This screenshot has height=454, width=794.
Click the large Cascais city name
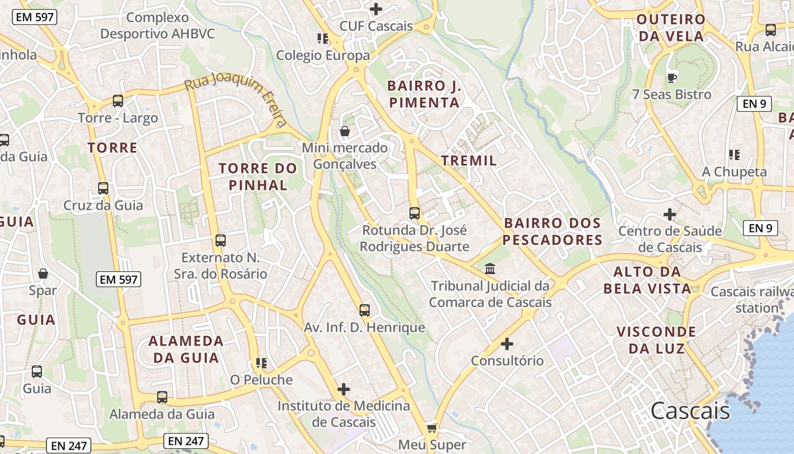click(690, 411)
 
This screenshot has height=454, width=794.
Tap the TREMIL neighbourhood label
click(469, 161)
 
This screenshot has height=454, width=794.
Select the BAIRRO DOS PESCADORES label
click(552, 232)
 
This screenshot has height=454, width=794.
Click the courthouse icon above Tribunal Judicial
click(490, 268)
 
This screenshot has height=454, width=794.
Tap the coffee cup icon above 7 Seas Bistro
click(672, 78)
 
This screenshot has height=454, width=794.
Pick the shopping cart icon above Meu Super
click(432, 428)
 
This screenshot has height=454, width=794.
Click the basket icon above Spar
click(43, 274)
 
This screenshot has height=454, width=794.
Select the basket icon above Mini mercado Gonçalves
click(344, 132)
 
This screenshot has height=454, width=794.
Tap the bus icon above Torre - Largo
click(118, 101)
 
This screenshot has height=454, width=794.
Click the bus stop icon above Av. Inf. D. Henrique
click(365, 310)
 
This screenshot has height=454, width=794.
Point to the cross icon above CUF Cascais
click(376, 9)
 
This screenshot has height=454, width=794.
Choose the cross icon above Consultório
click(507, 344)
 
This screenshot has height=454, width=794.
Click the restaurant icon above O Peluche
click(261, 363)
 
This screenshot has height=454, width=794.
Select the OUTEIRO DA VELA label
click(671, 28)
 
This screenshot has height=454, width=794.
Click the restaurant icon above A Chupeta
click(734, 154)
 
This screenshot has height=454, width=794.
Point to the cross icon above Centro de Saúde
click(670, 215)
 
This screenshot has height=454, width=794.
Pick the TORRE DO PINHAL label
click(258, 176)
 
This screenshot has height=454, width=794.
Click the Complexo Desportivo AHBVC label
click(158, 26)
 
